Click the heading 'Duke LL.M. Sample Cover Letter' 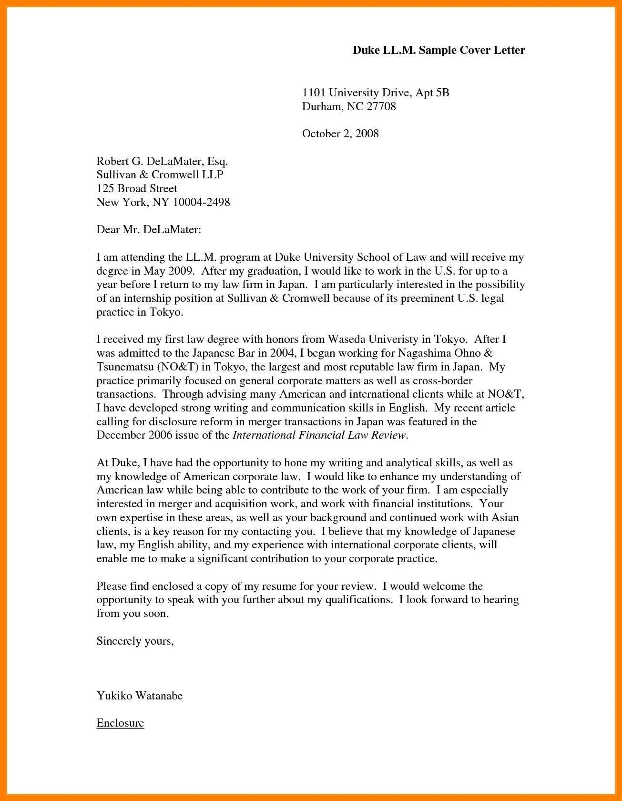pyautogui.click(x=438, y=50)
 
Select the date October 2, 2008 pyautogui.click(x=340, y=133)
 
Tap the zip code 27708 pyautogui.click(x=381, y=106)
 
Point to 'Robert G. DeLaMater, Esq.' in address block pyautogui.click(x=162, y=161)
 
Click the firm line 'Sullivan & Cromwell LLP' pyautogui.click(x=160, y=175)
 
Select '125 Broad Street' pyautogui.click(x=137, y=188)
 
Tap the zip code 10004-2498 pyautogui.click(x=201, y=202)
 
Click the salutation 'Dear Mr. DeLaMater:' pyautogui.click(x=149, y=230)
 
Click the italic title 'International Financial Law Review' pyautogui.click(x=319, y=435)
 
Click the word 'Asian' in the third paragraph pyautogui.click(x=505, y=517)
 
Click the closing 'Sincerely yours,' pyautogui.click(x=135, y=641)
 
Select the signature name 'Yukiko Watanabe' pyautogui.click(x=139, y=696)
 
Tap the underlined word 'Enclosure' pyautogui.click(x=120, y=723)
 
